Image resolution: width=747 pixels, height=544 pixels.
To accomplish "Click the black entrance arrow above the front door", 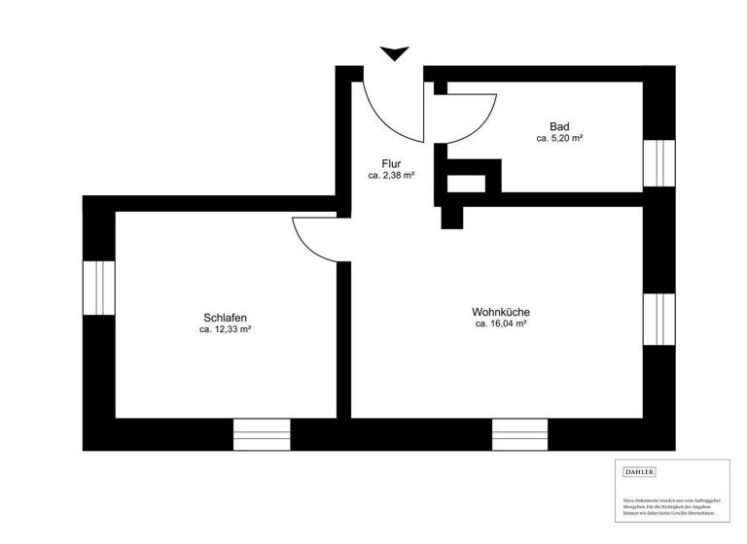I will (x=394, y=53).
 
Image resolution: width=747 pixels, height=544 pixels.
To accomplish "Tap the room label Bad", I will (x=559, y=126).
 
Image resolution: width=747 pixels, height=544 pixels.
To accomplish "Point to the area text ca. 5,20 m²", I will (x=559, y=139).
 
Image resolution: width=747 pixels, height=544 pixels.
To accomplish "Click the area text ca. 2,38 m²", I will (x=392, y=176).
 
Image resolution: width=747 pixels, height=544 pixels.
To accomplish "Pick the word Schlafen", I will (x=225, y=318).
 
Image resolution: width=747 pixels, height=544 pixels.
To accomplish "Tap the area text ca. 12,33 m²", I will (x=225, y=330).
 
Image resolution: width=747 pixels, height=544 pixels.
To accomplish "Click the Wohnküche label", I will (x=500, y=312).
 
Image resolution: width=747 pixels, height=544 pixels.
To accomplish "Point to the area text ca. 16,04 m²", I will (x=500, y=324).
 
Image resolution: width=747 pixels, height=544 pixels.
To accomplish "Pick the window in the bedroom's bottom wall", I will (x=262, y=434).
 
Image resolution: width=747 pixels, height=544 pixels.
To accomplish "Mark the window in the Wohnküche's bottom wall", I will (x=519, y=434).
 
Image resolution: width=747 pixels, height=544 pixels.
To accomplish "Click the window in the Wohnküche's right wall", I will (x=658, y=318).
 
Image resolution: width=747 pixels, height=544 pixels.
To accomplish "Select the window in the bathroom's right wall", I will (x=658, y=162).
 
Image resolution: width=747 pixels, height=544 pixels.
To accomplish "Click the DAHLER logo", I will (x=639, y=472).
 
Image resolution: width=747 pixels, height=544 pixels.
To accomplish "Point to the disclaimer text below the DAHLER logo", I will (x=672, y=505).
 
